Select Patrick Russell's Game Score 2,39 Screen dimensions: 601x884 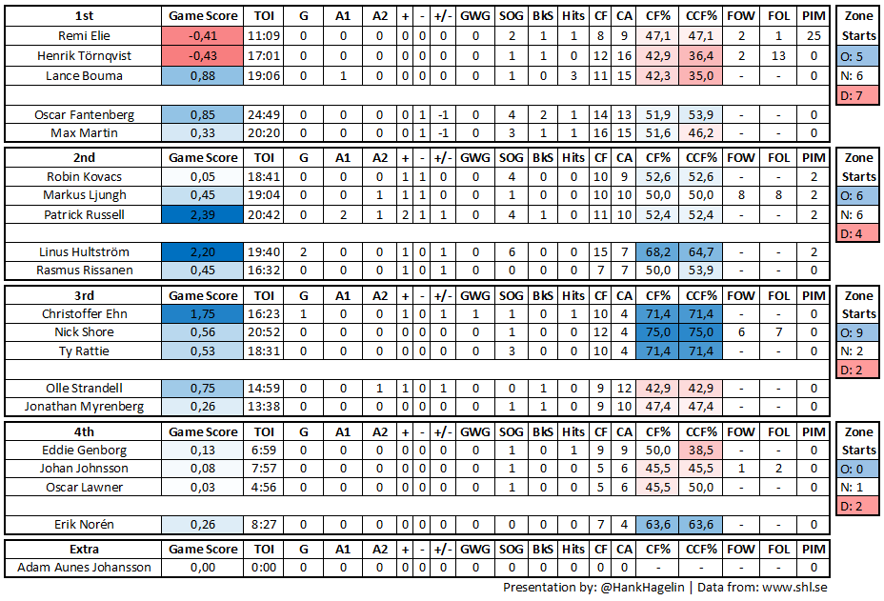(203, 214)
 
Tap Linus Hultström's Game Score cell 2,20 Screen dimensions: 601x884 (203, 252)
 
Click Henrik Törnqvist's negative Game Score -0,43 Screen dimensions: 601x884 (203, 55)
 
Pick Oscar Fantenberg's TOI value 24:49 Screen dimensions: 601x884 (262, 114)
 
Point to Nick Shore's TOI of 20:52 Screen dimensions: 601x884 (262, 332)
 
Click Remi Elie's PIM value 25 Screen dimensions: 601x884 (814, 35)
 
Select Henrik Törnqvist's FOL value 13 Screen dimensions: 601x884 (778, 55)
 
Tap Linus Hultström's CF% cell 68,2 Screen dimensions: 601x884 (657, 252)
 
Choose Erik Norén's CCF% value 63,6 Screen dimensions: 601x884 (700, 524)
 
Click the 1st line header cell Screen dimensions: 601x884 (84, 16)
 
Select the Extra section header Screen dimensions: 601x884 (84, 549)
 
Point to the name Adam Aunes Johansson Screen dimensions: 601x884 (84, 568)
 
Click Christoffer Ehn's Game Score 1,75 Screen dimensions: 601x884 (203, 313)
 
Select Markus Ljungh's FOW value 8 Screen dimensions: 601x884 (741, 195)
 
